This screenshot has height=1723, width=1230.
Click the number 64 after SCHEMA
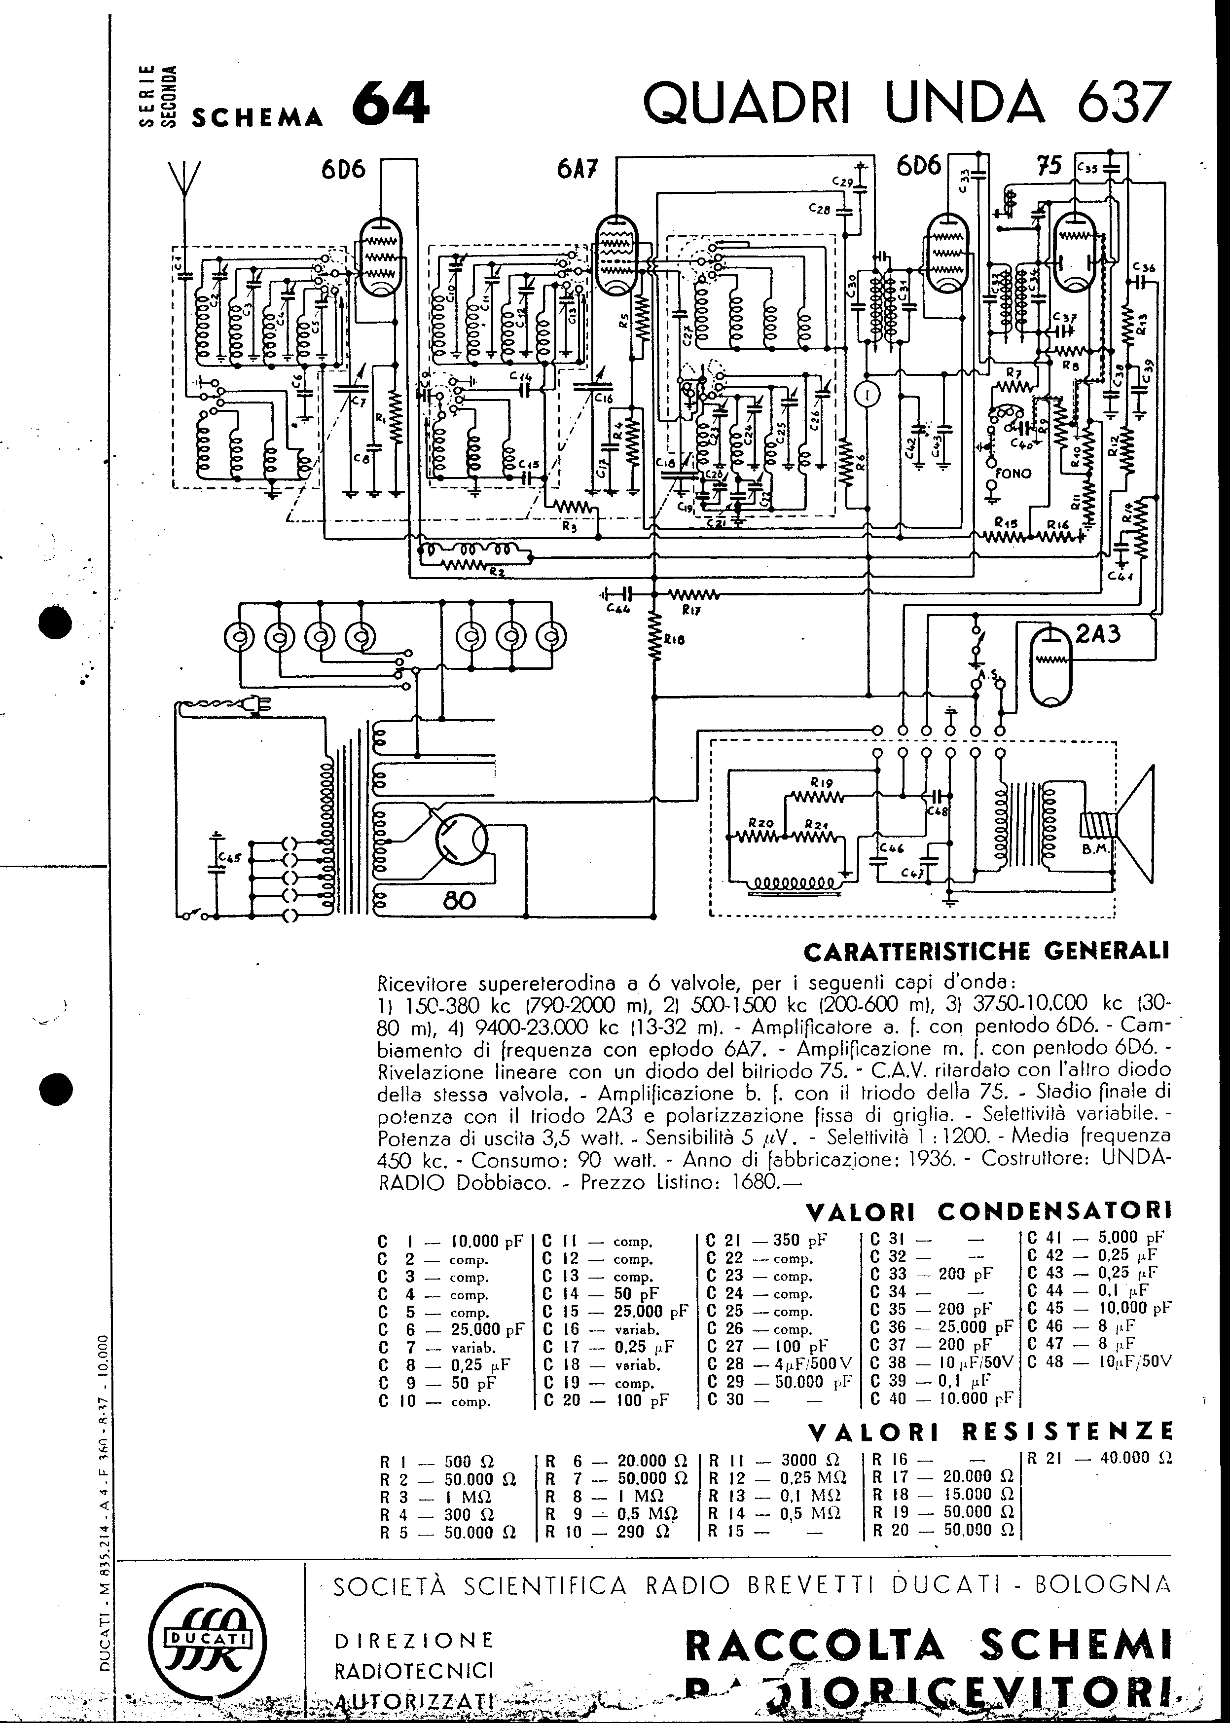point(391,104)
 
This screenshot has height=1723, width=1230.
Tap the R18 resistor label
point(673,638)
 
